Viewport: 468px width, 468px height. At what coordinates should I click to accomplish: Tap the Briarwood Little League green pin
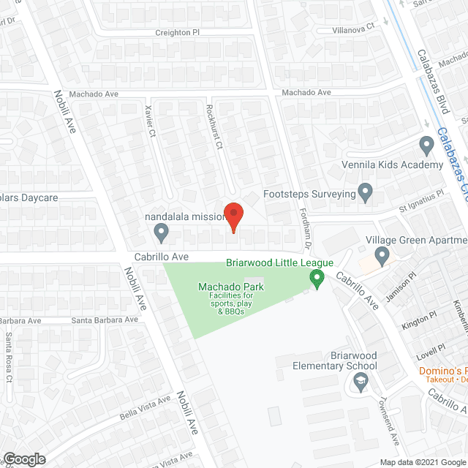[x=317, y=278]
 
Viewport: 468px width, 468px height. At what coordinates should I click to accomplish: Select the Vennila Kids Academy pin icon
[x=427, y=145]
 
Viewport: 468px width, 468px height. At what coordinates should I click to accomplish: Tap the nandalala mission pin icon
[x=162, y=233]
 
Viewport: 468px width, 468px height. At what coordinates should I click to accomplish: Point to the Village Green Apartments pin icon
[x=381, y=256]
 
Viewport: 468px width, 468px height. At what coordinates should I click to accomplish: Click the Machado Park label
[x=230, y=287]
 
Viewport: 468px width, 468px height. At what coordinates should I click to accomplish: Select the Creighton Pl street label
[x=177, y=33]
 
